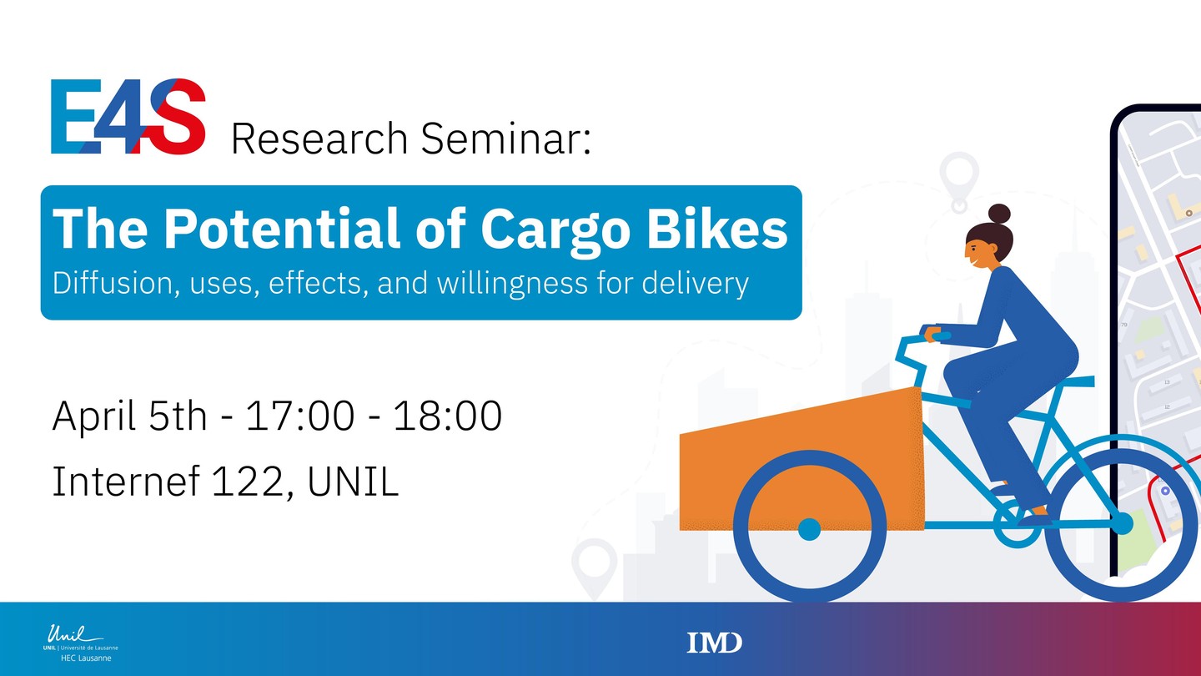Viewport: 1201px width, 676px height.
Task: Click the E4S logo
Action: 128,117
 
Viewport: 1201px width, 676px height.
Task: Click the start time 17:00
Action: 300,416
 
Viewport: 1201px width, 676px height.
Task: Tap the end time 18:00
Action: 448,416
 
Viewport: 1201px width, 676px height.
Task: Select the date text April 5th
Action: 129,416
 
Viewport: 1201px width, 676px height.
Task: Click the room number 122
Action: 248,482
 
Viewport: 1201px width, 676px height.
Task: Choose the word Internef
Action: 126,481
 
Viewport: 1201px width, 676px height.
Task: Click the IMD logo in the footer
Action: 714,643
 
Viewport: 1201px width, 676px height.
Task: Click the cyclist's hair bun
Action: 999,214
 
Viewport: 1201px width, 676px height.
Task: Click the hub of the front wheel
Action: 809,529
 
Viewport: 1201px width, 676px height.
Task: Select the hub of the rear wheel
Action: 1121,523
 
